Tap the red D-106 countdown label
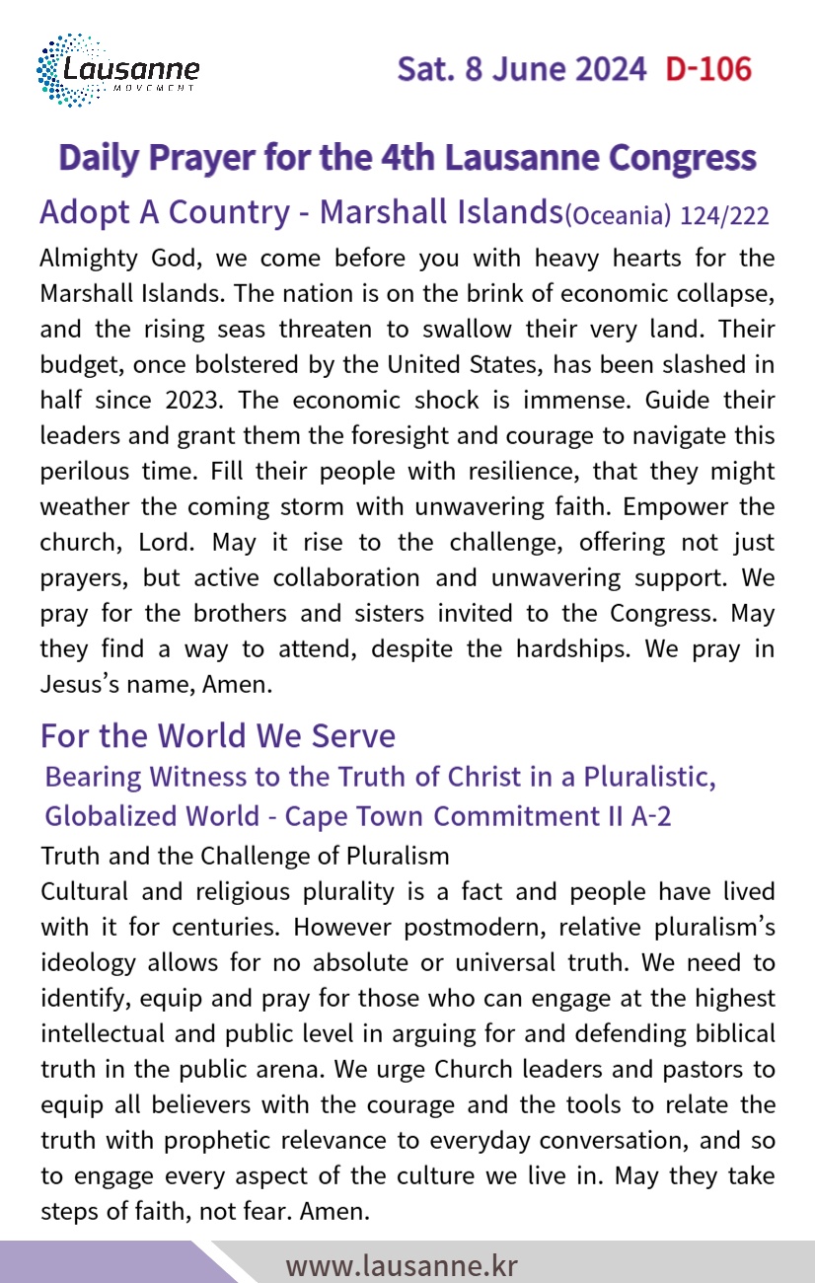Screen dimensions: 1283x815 [707, 69]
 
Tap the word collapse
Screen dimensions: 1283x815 [723, 294]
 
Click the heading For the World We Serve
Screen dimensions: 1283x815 [218, 736]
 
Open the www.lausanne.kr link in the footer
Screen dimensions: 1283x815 [402, 1265]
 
